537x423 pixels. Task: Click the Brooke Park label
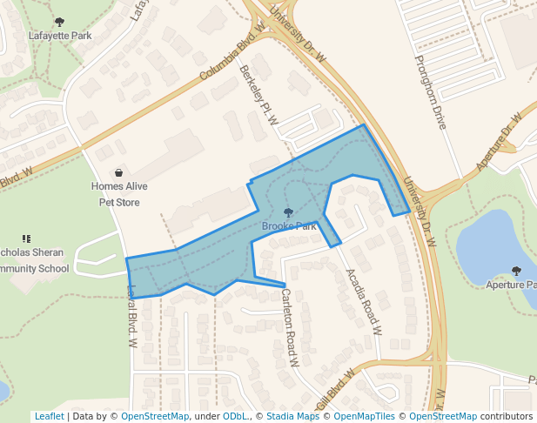click(x=289, y=226)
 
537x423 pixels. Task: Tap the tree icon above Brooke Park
click(x=289, y=212)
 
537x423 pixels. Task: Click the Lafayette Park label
click(x=60, y=37)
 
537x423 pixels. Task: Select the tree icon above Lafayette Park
click(x=59, y=23)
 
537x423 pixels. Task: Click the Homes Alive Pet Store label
click(x=119, y=194)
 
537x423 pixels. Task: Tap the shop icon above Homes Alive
click(x=119, y=173)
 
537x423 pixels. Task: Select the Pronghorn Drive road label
click(x=430, y=91)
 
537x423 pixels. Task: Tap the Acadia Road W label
click(x=364, y=302)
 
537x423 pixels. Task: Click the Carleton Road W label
click(x=290, y=327)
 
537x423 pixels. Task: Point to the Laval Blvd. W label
click(x=133, y=317)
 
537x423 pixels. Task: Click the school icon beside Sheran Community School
click(x=26, y=238)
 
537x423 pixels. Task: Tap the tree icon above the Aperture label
click(x=516, y=271)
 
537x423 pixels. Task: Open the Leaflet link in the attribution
click(x=50, y=417)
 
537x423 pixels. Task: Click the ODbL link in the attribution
click(x=235, y=417)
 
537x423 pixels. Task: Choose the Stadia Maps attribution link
click(x=292, y=417)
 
